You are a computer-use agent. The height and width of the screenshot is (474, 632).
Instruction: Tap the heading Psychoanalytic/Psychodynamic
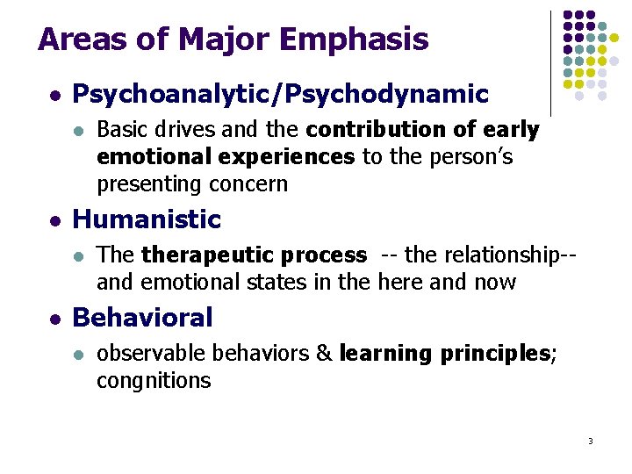click(x=280, y=94)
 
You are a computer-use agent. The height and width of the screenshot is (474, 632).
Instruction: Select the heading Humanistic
click(x=147, y=219)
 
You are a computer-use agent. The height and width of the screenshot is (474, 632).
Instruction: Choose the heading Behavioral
click(x=142, y=318)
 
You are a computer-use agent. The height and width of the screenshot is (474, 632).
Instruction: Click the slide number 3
click(x=591, y=441)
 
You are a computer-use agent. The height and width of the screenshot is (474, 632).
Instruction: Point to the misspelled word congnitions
click(x=154, y=381)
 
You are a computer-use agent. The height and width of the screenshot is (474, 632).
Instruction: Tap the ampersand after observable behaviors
click(x=323, y=354)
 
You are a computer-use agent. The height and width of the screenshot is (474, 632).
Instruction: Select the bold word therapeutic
click(x=197, y=255)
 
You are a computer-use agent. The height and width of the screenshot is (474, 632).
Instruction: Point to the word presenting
click(x=150, y=183)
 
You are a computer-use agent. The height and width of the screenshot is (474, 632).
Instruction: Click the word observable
click(x=154, y=354)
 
